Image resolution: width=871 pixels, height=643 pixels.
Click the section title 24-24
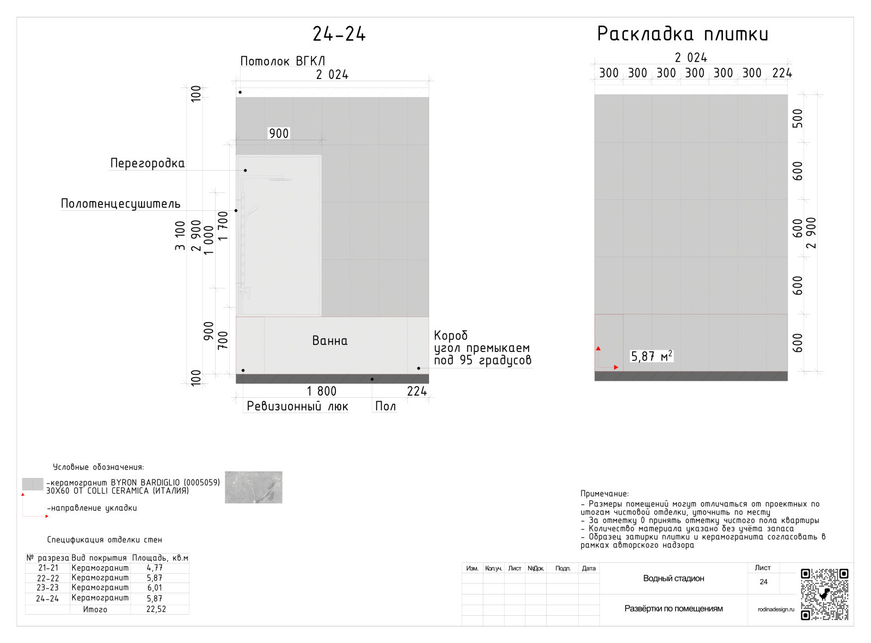pos(339,34)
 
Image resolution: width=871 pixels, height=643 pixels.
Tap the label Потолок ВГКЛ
pos(283,61)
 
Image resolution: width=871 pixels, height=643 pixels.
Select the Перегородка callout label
pos(148,163)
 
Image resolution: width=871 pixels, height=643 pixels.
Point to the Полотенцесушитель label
pos(120,204)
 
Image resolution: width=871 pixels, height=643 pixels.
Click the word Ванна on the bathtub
pos(330,341)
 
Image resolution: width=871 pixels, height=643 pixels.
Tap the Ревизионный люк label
pos(297,407)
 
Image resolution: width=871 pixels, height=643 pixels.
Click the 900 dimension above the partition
pos(279,134)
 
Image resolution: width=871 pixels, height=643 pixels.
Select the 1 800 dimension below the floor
pos(322,391)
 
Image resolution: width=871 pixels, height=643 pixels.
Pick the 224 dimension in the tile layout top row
pos(782,73)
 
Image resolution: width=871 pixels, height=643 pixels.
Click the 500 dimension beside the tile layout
pos(798,118)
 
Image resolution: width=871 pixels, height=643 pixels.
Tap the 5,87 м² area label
pos(651,356)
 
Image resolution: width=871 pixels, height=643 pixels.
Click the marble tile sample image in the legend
pos(254,487)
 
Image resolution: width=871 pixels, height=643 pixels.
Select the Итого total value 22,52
pos(156,609)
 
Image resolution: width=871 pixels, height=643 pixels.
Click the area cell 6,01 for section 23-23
pos(155,587)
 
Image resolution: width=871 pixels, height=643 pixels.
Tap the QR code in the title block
pos(824,595)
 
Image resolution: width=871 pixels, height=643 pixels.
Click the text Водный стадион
pos(673,578)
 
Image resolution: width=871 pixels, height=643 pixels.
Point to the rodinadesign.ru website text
pos(776,609)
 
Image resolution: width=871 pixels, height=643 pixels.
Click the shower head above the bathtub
pos(280,179)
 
